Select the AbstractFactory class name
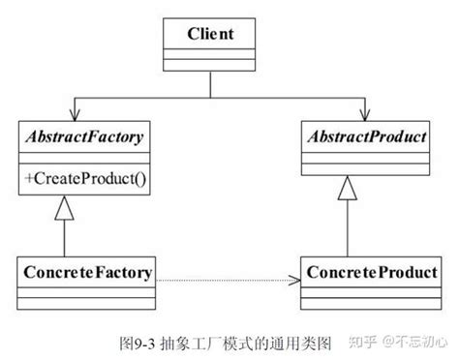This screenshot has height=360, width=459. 83,137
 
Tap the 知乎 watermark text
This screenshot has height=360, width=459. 363,342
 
